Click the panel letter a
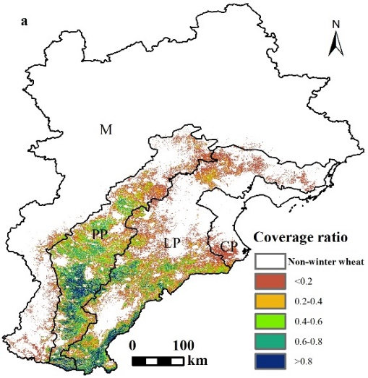(x=25, y=22)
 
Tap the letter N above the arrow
(x=336, y=24)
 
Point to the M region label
(x=106, y=129)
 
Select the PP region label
(x=100, y=234)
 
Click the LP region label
(x=172, y=243)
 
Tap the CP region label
(x=229, y=246)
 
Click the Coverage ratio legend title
(x=301, y=237)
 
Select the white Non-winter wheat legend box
(x=270, y=261)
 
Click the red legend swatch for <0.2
(x=270, y=281)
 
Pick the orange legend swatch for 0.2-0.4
(x=270, y=301)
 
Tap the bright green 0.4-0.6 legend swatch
(x=270, y=321)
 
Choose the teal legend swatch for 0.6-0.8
(x=270, y=341)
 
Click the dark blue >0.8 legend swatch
(x=270, y=361)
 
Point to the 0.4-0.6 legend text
(x=309, y=322)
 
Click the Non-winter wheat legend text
(x=326, y=262)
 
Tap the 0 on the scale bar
(x=132, y=345)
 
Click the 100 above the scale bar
(x=183, y=345)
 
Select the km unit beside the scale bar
(x=197, y=361)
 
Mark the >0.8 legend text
(x=304, y=361)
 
